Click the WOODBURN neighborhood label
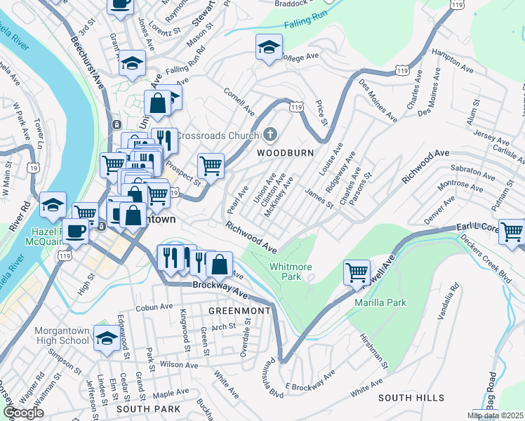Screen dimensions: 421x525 click(x=284, y=152)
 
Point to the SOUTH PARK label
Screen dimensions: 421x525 click(x=148, y=408)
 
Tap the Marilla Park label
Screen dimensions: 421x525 click(x=380, y=302)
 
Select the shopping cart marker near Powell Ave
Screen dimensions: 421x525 click(x=357, y=272)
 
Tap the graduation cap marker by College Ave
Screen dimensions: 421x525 click(x=267, y=48)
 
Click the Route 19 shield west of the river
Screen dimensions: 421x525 click(x=32, y=168)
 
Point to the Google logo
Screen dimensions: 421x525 click(x=22, y=413)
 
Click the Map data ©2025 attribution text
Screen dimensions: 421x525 click(x=496, y=415)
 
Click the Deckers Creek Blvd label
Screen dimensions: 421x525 click(x=486, y=255)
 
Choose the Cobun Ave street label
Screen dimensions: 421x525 click(x=154, y=307)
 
